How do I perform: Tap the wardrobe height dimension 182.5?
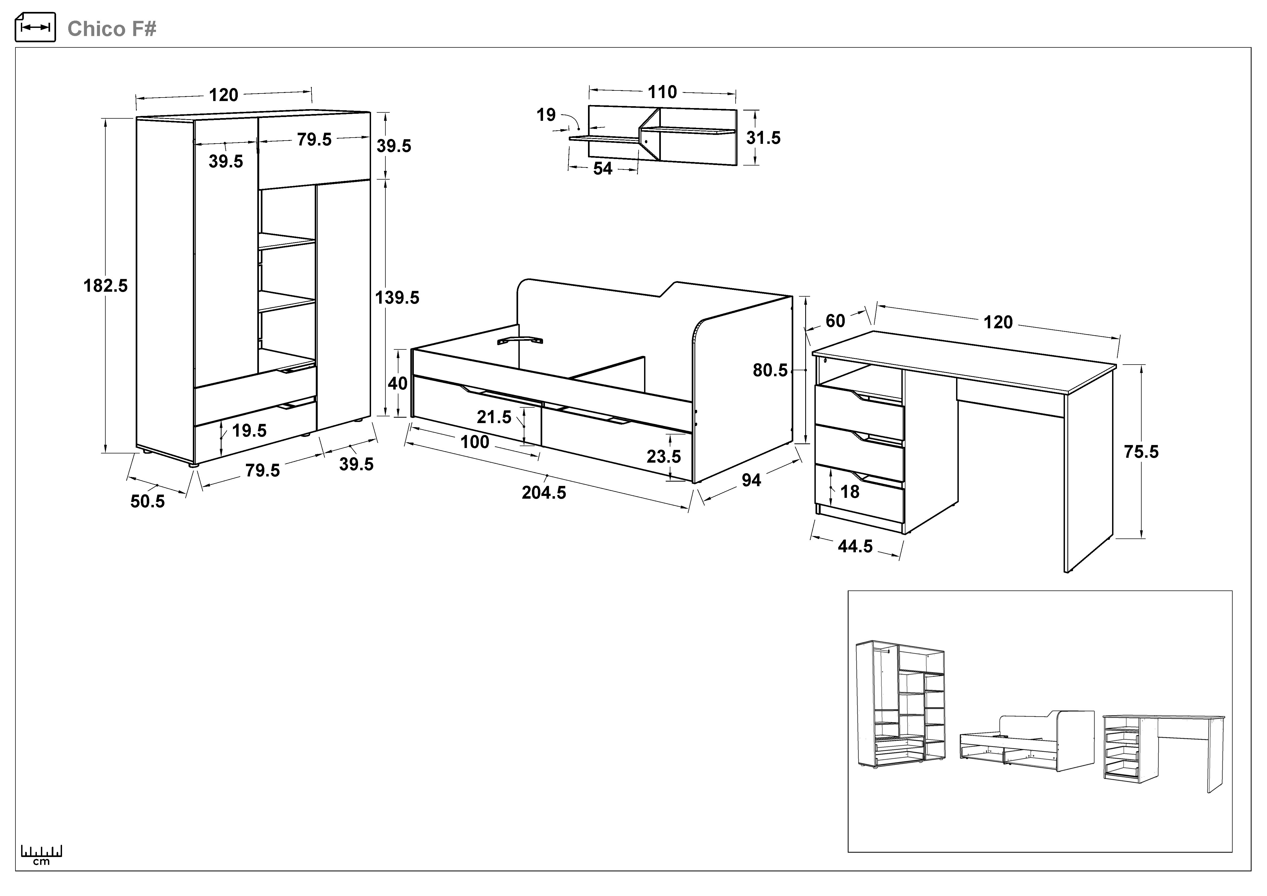105,286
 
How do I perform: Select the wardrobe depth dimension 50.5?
147,501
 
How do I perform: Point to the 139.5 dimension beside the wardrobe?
397,298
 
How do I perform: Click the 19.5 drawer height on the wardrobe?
249,430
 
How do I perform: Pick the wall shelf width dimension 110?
662,92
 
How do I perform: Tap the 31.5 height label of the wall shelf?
763,138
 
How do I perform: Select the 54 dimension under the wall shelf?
603,168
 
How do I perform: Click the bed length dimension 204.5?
544,492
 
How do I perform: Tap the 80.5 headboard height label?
770,370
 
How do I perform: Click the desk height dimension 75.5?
1141,452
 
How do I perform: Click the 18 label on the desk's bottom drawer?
850,492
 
